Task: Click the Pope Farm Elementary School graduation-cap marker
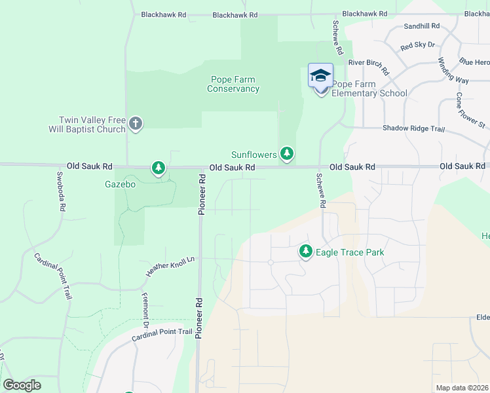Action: click(x=320, y=76)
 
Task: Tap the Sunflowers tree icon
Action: click(x=286, y=153)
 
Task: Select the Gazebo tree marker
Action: click(x=158, y=168)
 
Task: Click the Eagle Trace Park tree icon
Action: click(x=305, y=251)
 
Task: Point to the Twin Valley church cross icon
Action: click(x=136, y=122)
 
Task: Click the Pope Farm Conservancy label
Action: click(x=233, y=84)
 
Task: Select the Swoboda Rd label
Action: click(x=61, y=191)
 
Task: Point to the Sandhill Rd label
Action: click(x=421, y=26)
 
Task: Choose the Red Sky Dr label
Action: click(x=417, y=45)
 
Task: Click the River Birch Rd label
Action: click(x=369, y=65)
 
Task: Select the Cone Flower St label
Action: click(x=470, y=110)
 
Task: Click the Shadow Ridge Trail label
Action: click(x=413, y=128)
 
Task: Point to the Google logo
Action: click(x=22, y=385)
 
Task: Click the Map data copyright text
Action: click(x=462, y=388)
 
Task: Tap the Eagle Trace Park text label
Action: click(x=350, y=252)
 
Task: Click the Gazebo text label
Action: click(x=120, y=185)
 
